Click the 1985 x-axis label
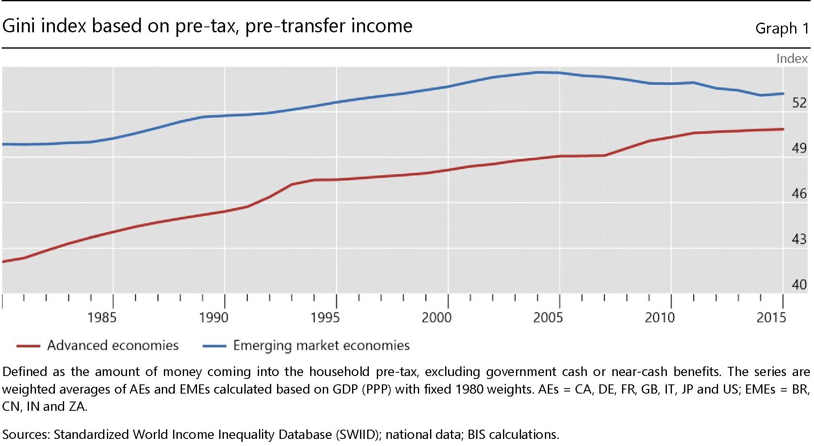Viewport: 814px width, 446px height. click(x=101, y=317)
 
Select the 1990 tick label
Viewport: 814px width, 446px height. click(x=213, y=317)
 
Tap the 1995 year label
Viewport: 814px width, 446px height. click(x=325, y=317)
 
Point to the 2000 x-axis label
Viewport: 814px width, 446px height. click(x=436, y=317)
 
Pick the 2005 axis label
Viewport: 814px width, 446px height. click(x=548, y=317)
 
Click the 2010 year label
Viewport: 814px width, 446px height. click(x=659, y=317)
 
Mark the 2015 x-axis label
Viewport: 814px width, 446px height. click(x=771, y=317)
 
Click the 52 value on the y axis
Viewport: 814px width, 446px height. click(x=799, y=103)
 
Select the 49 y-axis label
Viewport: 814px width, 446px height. click(x=799, y=148)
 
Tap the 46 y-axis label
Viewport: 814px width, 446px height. click(x=799, y=194)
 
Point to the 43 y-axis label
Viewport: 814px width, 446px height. click(x=799, y=239)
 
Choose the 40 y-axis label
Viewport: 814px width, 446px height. click(x=799, y=285)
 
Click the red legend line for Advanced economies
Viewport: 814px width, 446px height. click(x=28, y=346)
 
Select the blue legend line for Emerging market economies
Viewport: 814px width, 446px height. click(x=214, y=346)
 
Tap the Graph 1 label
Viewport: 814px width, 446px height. click(x=782, y=28)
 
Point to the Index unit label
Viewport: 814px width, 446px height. click(x=792, y=59)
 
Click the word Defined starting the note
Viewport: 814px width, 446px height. click(x=24, y=372)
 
